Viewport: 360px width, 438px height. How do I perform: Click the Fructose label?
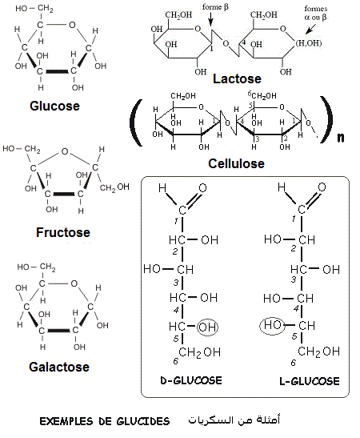(x=62, y=233)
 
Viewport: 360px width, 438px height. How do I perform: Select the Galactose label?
(x=60, y=368)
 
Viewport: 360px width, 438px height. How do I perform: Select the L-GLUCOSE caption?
(x=306, y=380)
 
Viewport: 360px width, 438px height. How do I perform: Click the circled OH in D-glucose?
(x=208, y=327)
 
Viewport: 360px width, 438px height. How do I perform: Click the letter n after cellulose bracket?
(x=340, y=136)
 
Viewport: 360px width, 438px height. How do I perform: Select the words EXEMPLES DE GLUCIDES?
(x=104, y=421)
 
